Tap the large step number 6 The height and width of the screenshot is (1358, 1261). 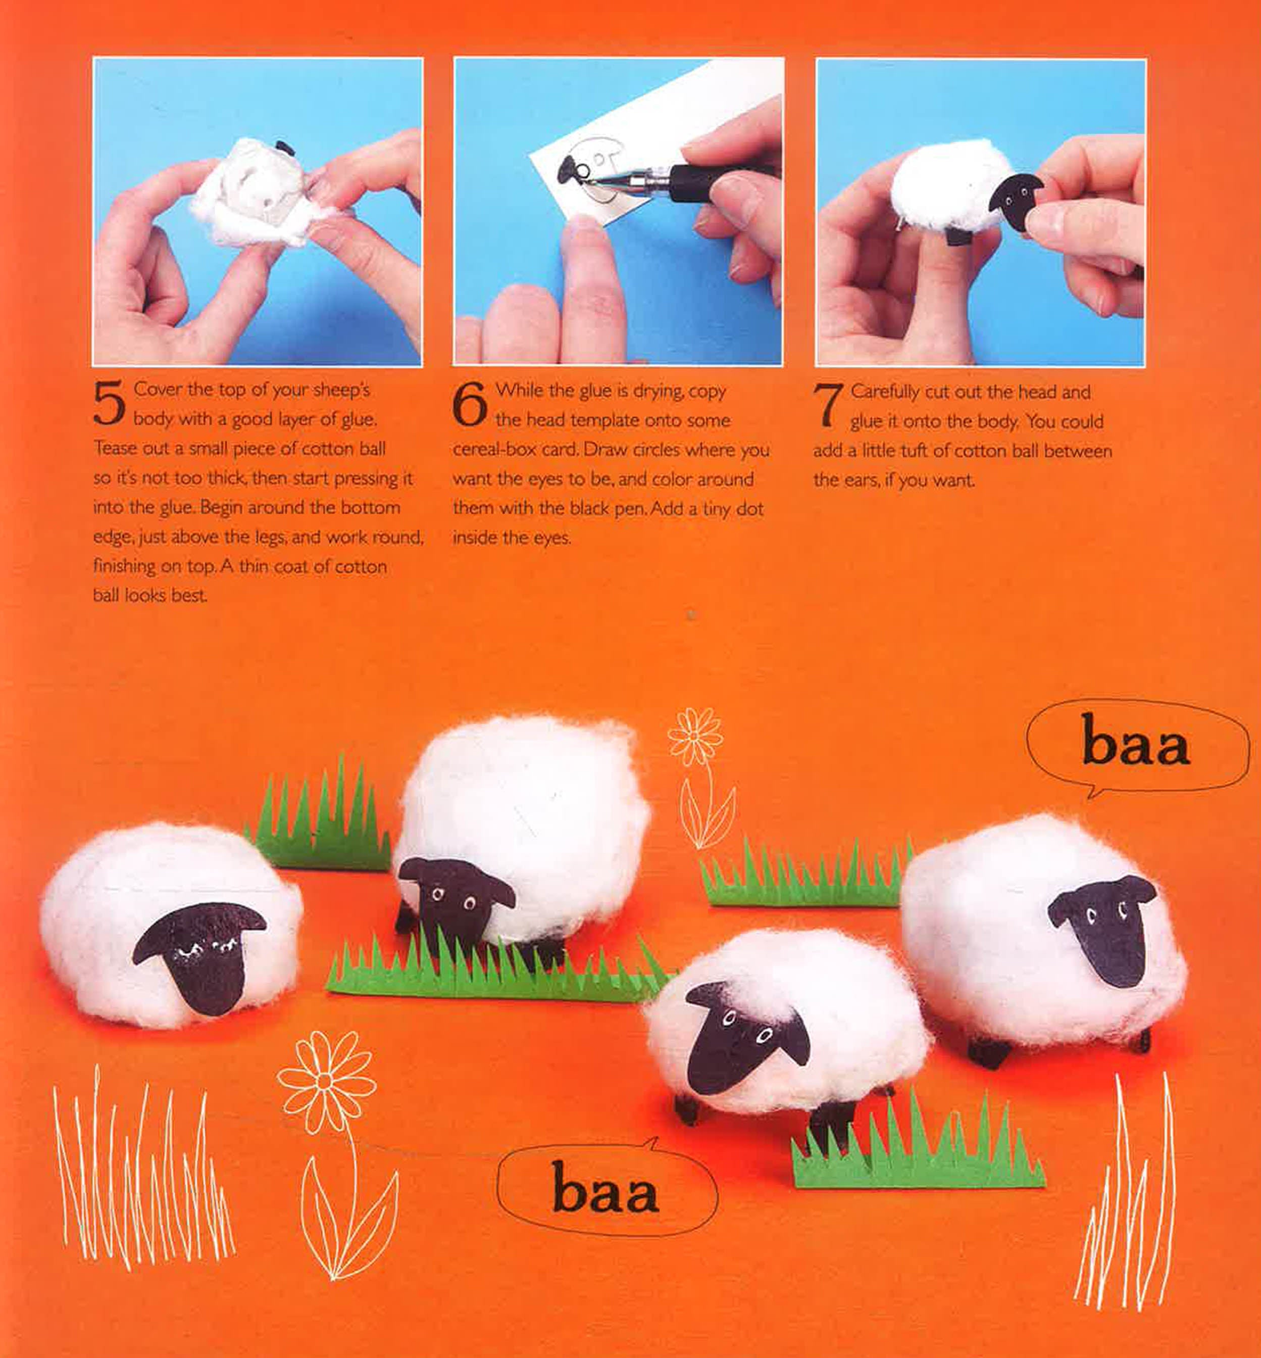470,405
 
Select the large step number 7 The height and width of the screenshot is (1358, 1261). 827,406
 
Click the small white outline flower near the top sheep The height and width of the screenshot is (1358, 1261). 695,737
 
